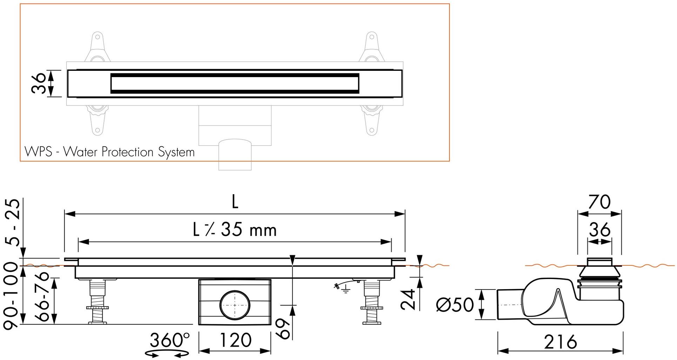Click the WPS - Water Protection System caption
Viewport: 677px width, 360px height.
click(109, 152)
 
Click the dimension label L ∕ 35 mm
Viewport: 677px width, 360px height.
click(235, 230)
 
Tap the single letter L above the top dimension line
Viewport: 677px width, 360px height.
click(235, 202)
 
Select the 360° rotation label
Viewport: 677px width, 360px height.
click(170, 340)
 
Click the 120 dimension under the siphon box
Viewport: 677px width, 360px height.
click(235, 340)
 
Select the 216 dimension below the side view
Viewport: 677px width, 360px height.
click(560, 342)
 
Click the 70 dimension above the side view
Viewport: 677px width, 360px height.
click(599, 202)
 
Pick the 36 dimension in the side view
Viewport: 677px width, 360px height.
click(600, 230)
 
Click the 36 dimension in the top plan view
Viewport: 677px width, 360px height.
click(39, 83)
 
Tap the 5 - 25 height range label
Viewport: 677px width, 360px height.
click(13, 223)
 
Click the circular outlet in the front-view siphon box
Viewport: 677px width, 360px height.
click(235, 304)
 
